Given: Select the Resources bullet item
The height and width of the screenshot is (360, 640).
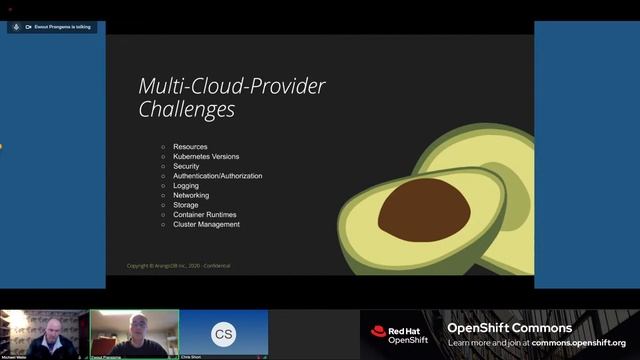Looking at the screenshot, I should click(190, 147).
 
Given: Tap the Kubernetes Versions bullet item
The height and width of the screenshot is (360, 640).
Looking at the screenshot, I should click(206, 157).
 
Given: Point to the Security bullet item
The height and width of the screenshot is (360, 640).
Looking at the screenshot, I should click(186, 166).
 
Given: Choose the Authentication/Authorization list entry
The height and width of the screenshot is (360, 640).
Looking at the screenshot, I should click(217, 176).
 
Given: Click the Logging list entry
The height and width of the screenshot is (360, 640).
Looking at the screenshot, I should click(186, 186).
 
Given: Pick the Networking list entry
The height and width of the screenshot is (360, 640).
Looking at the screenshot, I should click(191, 195).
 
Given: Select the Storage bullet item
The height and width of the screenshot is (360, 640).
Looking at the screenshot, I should click(186, 205).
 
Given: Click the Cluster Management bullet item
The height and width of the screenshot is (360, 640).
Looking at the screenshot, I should click(206, 224).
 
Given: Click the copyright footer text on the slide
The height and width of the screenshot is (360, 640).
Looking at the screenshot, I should click(178, 266).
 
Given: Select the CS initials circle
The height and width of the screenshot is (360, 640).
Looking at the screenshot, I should click(224, 333).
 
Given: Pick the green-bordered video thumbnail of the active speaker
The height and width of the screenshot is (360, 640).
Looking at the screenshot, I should click(134, 332).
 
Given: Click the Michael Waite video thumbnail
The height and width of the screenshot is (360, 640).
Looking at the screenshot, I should click(44, 333).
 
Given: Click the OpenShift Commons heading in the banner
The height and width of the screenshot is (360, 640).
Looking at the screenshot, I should click(509, 328).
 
